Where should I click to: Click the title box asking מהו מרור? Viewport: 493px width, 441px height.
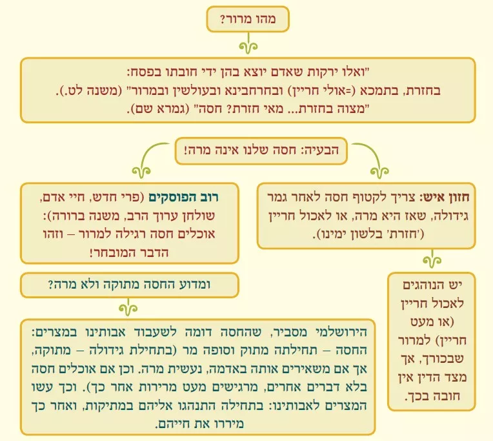pyautogui.click(x=248, y=19)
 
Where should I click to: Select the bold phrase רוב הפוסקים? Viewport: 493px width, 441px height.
pyautogui.click(x=184, y=197)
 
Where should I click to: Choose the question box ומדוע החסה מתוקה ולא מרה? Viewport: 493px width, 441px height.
pyautogui.click(x=130, y=285)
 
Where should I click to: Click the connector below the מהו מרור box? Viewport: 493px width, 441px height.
pyautogui.click(x=248, y=43)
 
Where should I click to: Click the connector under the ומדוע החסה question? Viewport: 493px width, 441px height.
pyautogui.click(x=128, y=307)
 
